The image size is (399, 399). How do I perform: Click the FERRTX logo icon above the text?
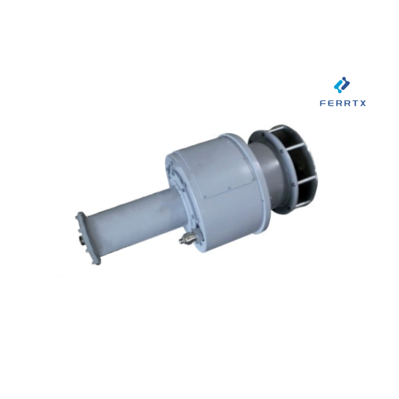click(342, 85)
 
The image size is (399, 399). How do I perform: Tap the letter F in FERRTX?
click(323, 104)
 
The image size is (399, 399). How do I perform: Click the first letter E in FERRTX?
click(331, 104)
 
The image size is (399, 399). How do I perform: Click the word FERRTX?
click(343, 104)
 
